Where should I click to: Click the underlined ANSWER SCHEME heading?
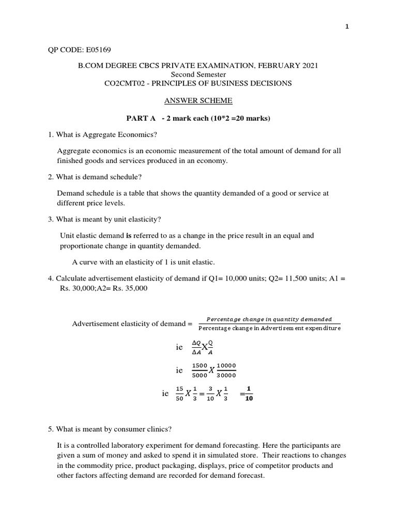pos(198,100)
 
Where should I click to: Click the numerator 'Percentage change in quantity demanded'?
pos(269,319)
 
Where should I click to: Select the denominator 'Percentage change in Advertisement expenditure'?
pos(269,328)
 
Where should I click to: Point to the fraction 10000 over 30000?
pos(226,371)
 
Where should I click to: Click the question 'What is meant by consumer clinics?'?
pos(110,429)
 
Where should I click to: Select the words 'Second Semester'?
pos(198,75)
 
